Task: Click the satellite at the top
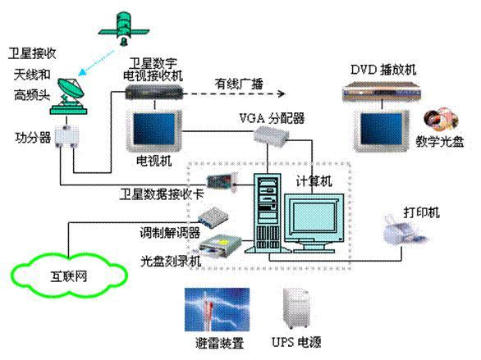(x=124, y=29)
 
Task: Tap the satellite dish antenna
(x=69, y=97)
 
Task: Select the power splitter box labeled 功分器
(x=66, y=137)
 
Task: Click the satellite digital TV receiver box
(x=154, y=92)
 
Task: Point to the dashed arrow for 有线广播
(x=235, y=93)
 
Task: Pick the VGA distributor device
(x=272, y=135)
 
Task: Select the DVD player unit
(x=382, y=91)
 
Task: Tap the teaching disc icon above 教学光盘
(x=441, y=119)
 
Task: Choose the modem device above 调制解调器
(x=213, y=217)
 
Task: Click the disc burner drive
(x=221, y=245)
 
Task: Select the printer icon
(x=405, y=230)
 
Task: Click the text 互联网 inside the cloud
(x=69, y=276)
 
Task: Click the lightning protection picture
(x=217, y=309)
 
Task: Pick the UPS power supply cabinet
(x=296, y=308)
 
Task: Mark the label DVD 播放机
(x=383, y=70)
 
